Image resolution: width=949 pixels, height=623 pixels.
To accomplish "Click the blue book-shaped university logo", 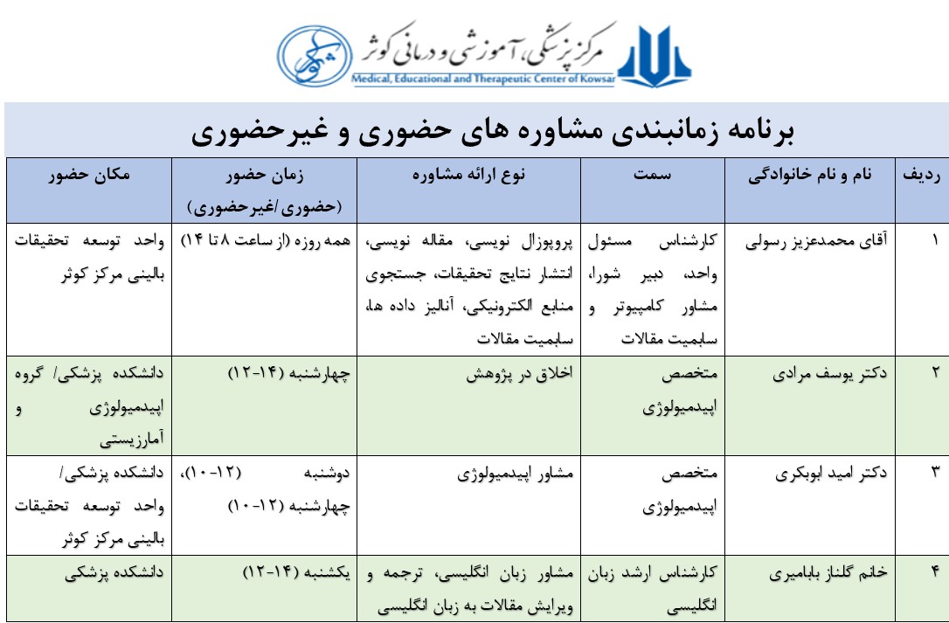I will (655, 52).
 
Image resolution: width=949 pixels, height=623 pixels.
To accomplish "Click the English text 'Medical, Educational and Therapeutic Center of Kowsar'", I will (483, 79).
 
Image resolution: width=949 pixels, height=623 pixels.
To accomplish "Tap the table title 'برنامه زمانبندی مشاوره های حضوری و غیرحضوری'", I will (494, 132).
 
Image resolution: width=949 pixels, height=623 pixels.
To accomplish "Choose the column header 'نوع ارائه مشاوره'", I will (469, 175).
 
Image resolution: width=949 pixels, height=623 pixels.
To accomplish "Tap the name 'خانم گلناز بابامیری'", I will (821, 573).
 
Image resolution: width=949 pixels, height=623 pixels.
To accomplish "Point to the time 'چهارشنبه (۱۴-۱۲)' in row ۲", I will (289, 373).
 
